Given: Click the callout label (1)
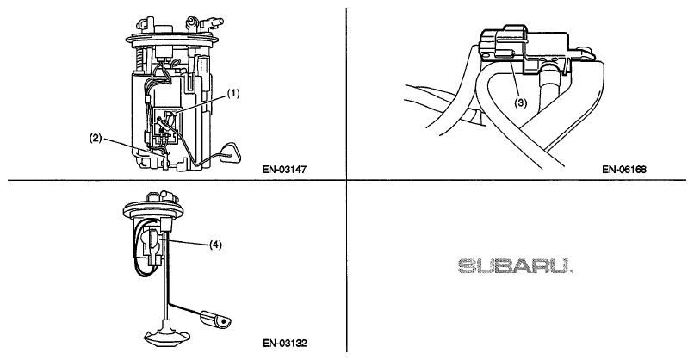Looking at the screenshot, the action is [233, 93].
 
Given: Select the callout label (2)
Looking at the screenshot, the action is [96, 138].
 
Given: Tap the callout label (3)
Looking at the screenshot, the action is [520, 103].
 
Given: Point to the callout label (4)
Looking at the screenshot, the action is [215, 245].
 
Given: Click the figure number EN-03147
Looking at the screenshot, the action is [285, 169].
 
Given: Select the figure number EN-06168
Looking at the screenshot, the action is [624, 169].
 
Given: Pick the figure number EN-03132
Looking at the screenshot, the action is [285, 343].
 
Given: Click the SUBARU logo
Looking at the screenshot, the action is [516, 265].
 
